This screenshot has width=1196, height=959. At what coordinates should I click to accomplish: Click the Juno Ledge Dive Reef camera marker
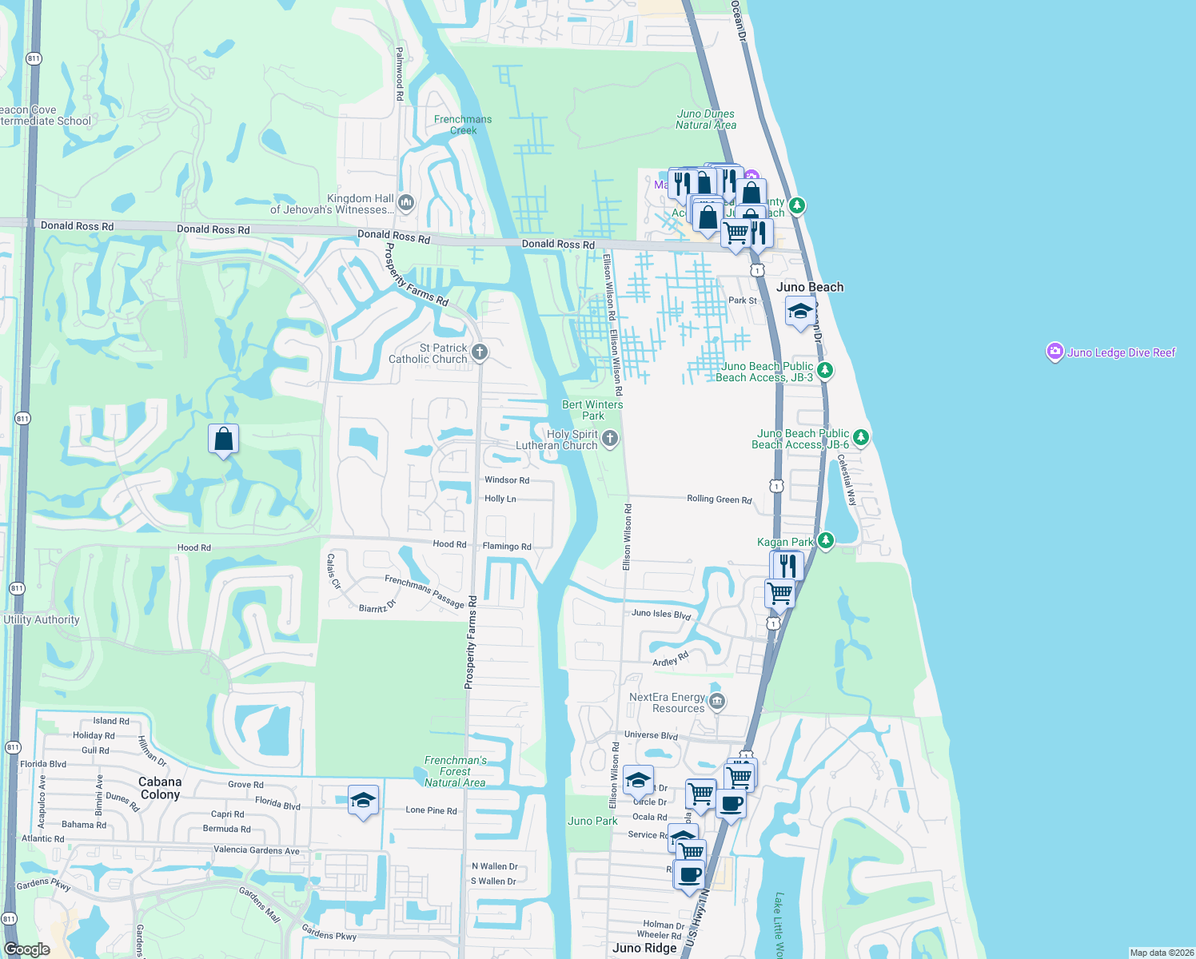(x=1054, y=352)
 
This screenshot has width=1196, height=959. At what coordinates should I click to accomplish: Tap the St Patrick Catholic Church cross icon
(x=480, y=352)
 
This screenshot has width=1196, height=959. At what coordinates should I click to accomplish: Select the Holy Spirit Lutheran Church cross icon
(x=610, y=438)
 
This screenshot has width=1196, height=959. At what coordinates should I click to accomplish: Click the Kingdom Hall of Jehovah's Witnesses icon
(x=406, y=203)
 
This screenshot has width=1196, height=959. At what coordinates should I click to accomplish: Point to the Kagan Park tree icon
(x=826, y=541)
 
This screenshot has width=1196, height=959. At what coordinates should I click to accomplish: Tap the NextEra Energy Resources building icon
(x=717, y=702)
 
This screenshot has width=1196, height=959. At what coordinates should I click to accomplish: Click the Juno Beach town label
(x=810, y=287)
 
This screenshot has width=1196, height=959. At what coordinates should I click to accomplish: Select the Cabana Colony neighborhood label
(x=160, y=788)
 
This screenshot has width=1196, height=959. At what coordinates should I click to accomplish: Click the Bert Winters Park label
(x=592, y=410)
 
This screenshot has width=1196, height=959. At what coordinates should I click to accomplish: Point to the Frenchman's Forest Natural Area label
(x=455, y=771)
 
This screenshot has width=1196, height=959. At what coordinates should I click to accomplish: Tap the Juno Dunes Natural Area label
(x=706, y=119)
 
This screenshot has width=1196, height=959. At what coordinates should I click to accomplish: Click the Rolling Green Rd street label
(x=720, y=499)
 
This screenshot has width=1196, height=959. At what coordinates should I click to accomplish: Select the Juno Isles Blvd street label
(x=661, y=614)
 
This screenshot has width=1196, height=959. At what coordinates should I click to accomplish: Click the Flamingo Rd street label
(x=507, y=547)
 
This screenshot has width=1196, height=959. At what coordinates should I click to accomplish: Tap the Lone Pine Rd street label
(x=431, y=810)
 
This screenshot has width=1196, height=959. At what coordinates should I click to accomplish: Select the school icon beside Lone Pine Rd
(x=363, y=800)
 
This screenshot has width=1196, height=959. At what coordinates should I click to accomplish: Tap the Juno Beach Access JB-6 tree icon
(x=861, y=437)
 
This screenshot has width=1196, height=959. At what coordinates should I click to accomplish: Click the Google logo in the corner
(x=27, y=949)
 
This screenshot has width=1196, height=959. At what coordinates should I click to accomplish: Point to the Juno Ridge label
(x=644, y=948)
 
